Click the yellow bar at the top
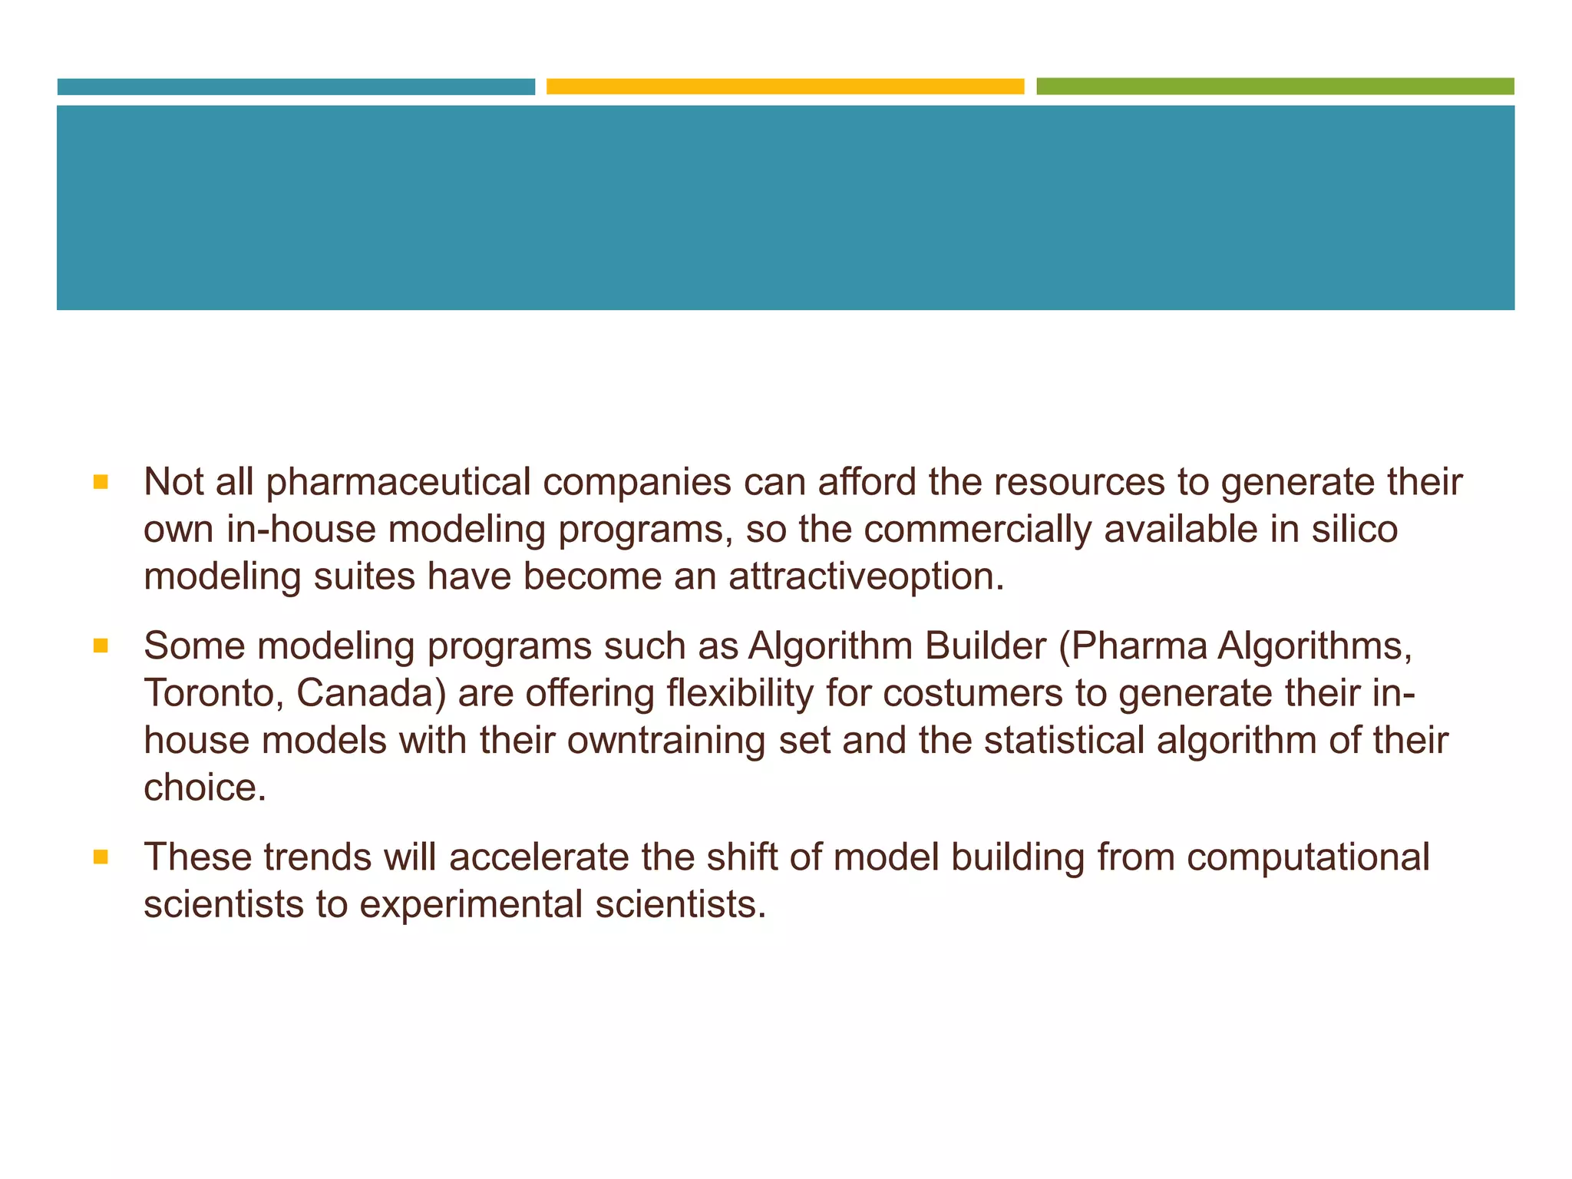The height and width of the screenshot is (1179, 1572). [785, 87]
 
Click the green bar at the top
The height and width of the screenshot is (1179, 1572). [1275, 87]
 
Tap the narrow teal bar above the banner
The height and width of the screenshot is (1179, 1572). [296, 87]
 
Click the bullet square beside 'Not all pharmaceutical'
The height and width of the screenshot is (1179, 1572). [100, 483]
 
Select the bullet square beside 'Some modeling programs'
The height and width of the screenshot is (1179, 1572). [100, 647]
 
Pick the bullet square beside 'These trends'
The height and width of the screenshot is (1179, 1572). [100, 857]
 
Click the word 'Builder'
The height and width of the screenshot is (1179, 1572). [985, 646]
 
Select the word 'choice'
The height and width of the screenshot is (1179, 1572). [204, 788]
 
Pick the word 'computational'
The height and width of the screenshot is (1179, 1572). [1308, 857]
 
